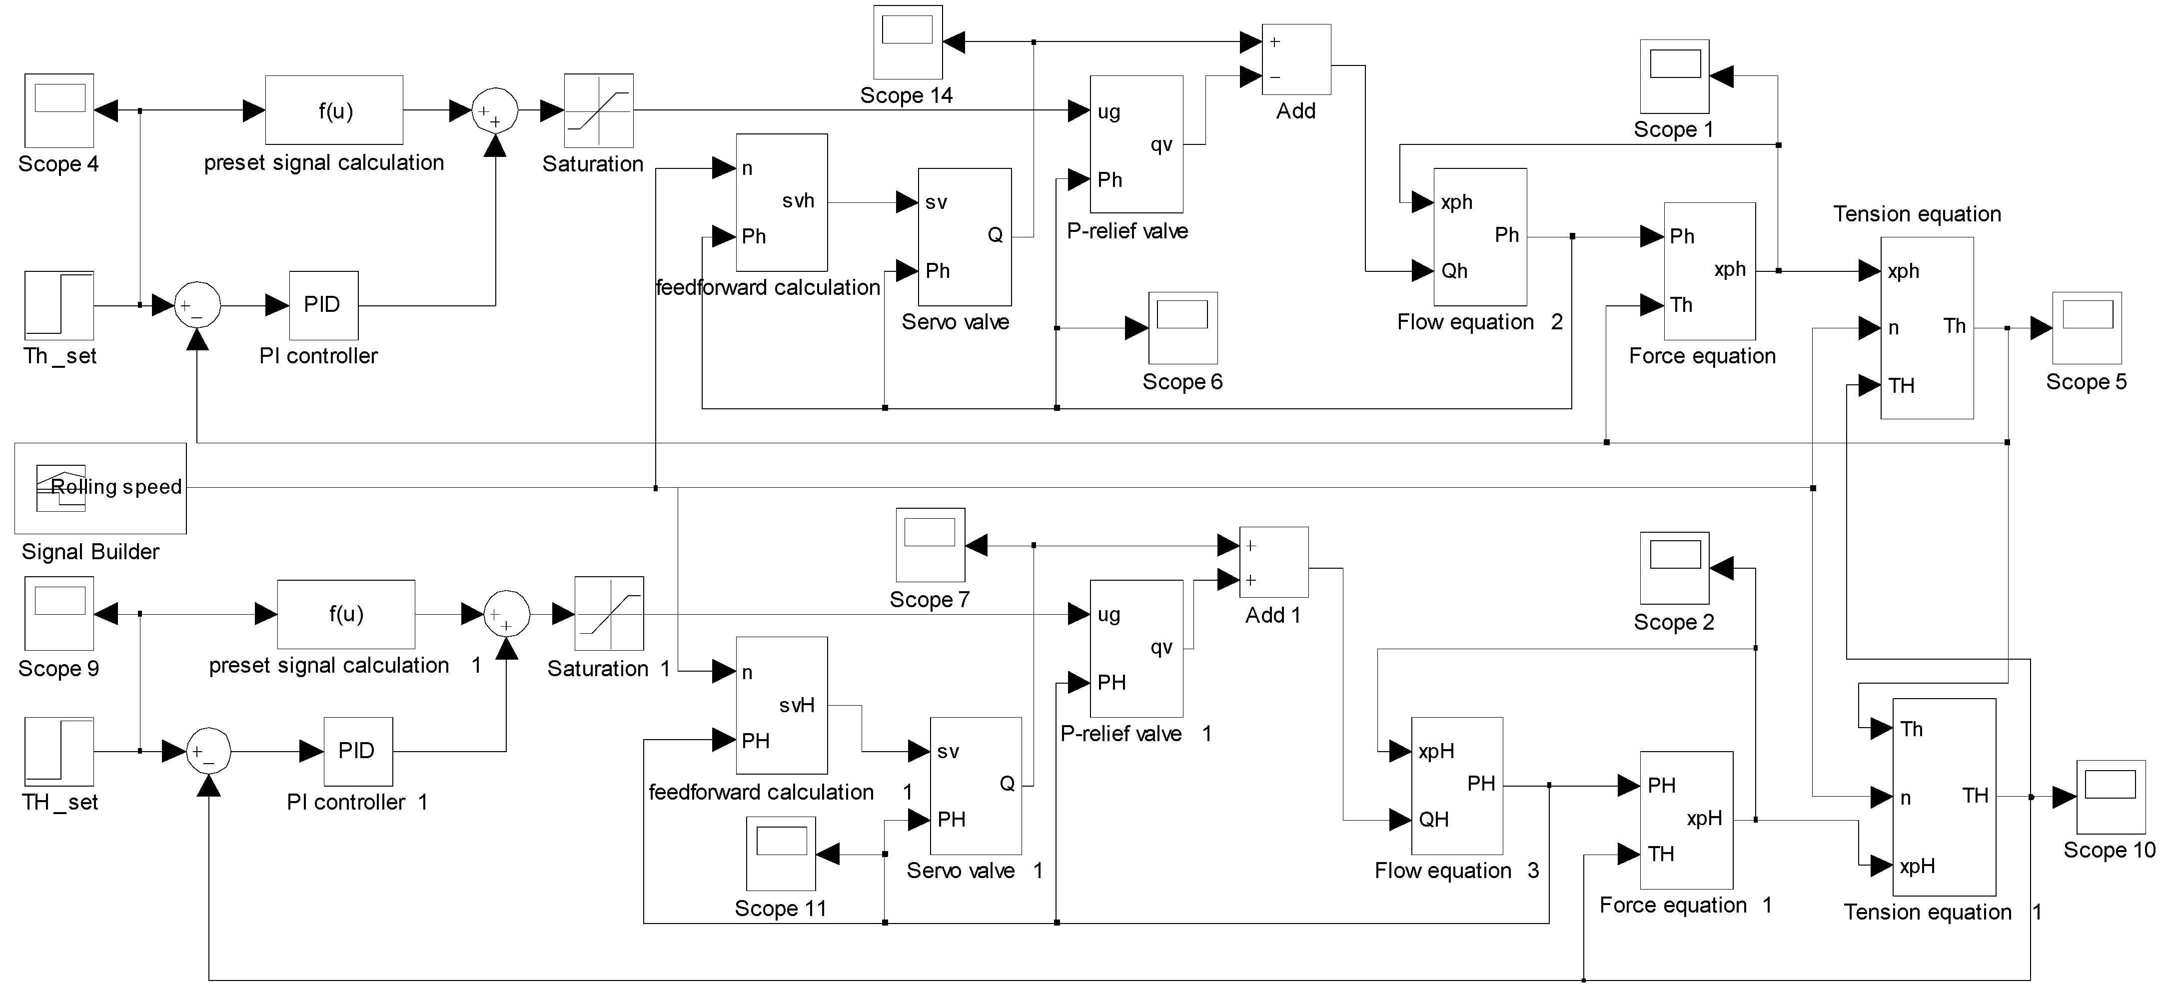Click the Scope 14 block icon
pyautogui.click(x=907, y=42)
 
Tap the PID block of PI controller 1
pyautogui.click(x=357, y=751)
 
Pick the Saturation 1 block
pyautogui.click(x=608, y=613)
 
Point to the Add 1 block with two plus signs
pyautogui.click(x=1273, y=562)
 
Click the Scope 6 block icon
pyautogui.click(x=1182, y=328)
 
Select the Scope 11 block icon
pyautogui.click(x=780, y=853)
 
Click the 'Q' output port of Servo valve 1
pyautogui.click(x=1007, y=784)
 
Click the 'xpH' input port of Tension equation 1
pyautogui.click(x=1917, y=866)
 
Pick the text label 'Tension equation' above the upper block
pyautogui.click(x=1917, y=214)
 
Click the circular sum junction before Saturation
pyautogui.click(x=495, y=110)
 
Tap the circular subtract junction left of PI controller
pyautogui.click(x=197, y=305)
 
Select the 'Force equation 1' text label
pyautogui.click(x=1685, y=905)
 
